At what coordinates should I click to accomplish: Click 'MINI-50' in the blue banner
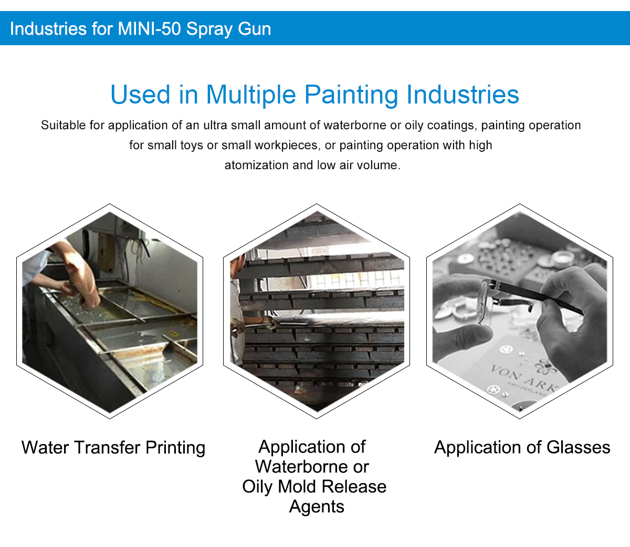click(x=149, y=29)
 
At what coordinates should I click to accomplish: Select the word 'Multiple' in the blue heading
click(x=251, y=95)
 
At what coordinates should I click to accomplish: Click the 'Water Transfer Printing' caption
click(x=113, y=448)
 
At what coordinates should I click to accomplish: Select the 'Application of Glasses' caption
click(x=522, y=447)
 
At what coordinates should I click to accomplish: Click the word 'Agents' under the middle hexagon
click(x=317, y=507)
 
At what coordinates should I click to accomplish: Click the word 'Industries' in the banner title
click(x=48, y=29)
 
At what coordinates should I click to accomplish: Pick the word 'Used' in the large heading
click(x=140, y=95)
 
